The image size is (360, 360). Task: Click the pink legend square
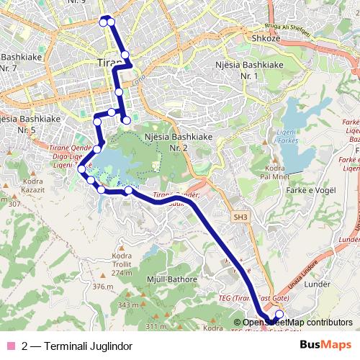pyautogui.click(x=10, y=345)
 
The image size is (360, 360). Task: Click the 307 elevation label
pyautogui.click(x=13, y=204)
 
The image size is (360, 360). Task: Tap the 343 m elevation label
pyautogui.click(x=128, y=305)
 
